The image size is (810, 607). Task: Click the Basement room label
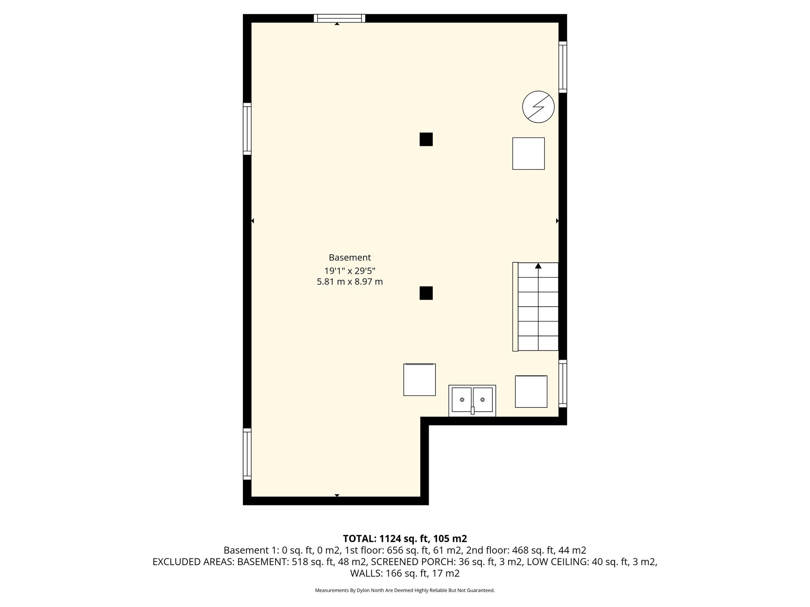pyautogui.click(x=350, y=258)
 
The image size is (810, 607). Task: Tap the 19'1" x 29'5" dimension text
pyautogui.click(x=350, y=271)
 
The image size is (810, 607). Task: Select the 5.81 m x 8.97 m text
pyautogui.click(x=350, y=282)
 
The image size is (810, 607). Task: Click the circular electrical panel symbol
pyautogui.click(x=538, y=107)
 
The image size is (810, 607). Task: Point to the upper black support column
pyautogui.click(x=426, y=139)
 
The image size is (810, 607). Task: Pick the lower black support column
pyautogui.click(x=426, y=293)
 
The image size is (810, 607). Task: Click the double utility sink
pyautogui.click(x=472, y=400)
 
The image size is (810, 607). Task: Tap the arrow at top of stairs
pyautogui.click(x=538, y=266)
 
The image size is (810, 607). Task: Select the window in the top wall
pyautogui.click(x=339, y=18)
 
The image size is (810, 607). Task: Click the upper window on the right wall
pyautogui.click(x=563, y=67)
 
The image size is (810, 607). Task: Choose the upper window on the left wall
pyautogui.click(x=247, y=129)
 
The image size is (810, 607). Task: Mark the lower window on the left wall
pyautogui.click(x=247, y=454)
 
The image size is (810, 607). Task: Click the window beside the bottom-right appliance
pyautogui.click(x=563, y=383)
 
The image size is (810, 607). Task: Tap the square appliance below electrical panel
pyautogui.click(x=528, y=153)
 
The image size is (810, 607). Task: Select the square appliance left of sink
pyautogui.click(x=419, y=379)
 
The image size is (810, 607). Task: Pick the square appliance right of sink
pyautogui.click(x=531, y=391)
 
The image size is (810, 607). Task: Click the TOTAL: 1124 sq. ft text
pyautogui.click(x=386, y=539)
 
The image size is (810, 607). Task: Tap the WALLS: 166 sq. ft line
pyautogui.click(x=405, y=573)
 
